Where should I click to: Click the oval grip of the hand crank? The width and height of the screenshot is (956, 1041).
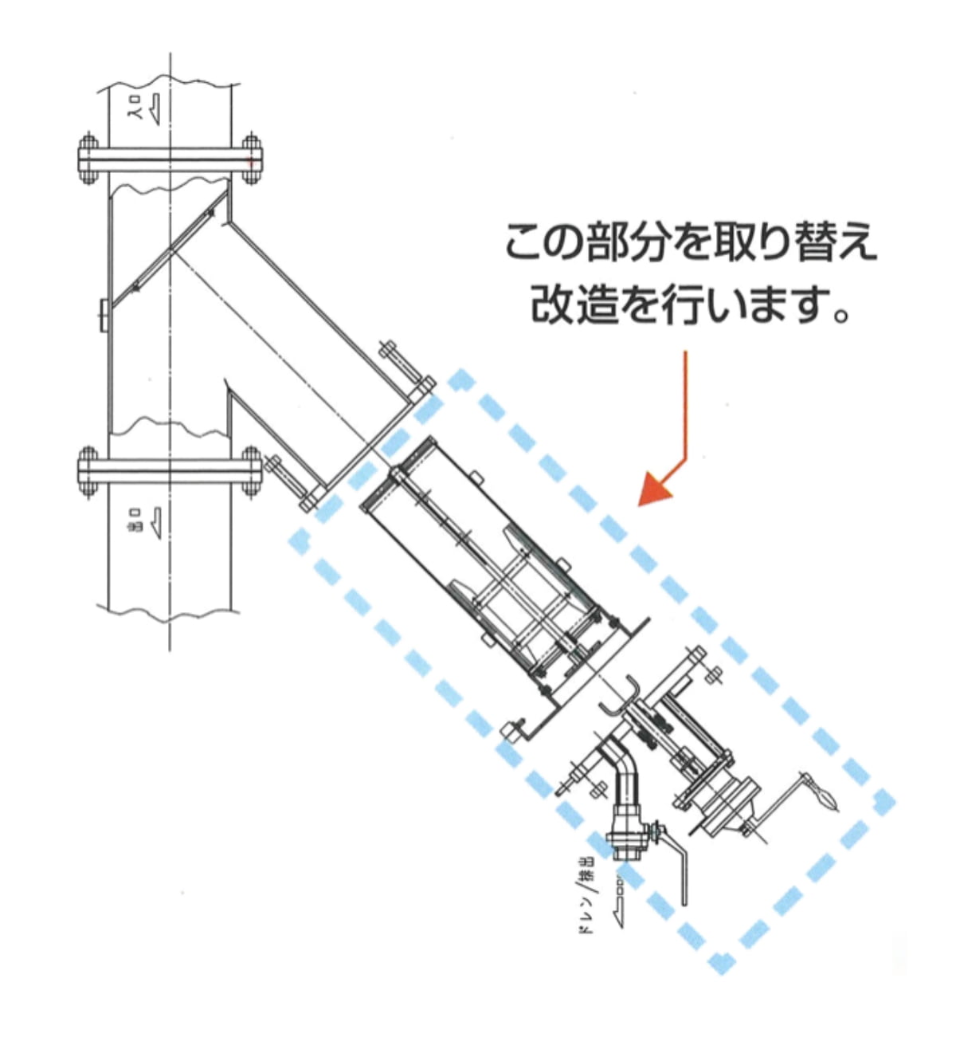click(823, 798)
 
